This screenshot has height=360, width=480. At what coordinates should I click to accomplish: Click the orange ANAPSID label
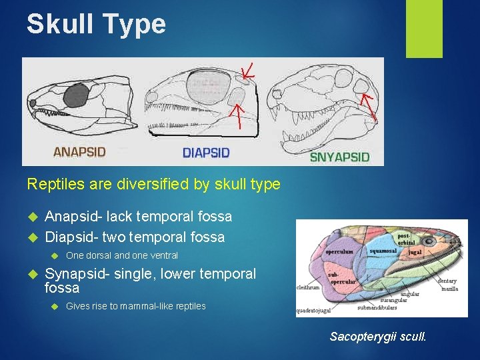click(79, 151)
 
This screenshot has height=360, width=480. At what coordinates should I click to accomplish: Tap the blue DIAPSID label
click(206, 153)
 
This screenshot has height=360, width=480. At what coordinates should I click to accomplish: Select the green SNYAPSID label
click(339, 157)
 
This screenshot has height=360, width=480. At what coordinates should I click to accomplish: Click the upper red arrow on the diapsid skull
click(248, 71)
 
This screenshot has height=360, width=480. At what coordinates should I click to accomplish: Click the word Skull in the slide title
click(55, 24)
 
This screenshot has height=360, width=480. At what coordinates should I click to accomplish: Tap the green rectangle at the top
click(425, 28)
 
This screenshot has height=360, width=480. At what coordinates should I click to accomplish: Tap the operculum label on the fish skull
click(340, 252)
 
